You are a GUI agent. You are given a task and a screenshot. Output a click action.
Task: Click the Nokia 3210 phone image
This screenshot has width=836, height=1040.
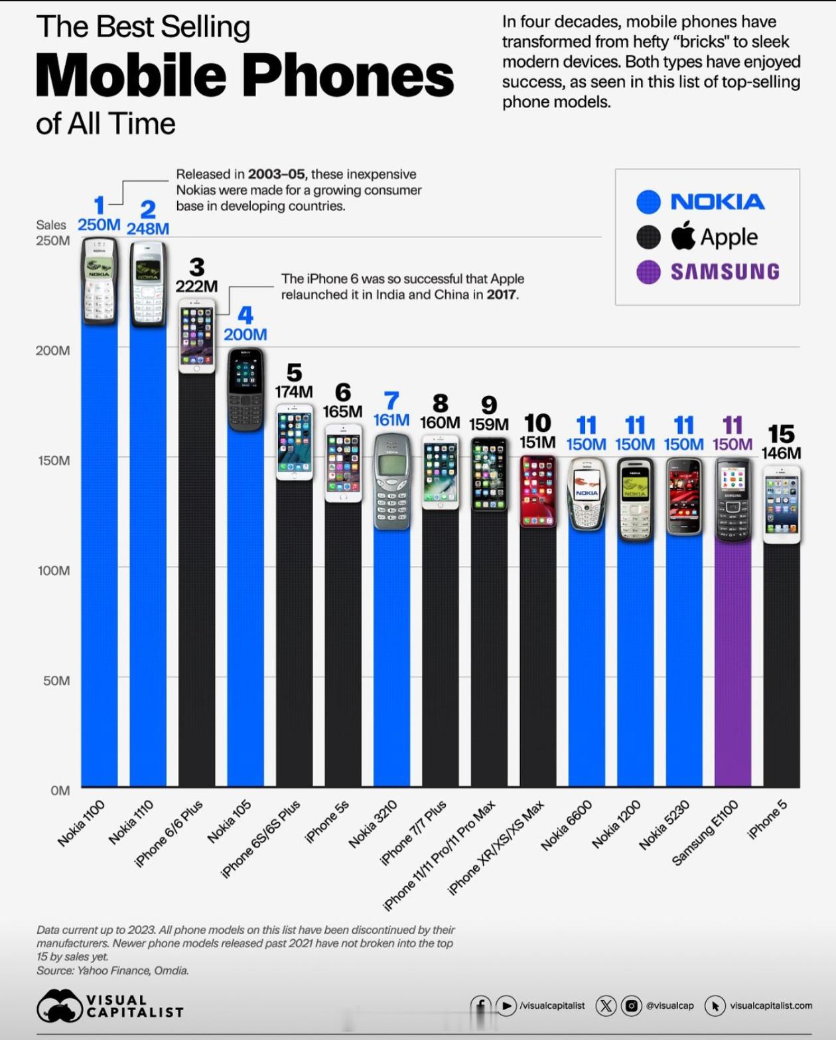point(391,481)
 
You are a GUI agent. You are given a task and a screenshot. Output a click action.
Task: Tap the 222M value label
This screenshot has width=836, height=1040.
point(196,286)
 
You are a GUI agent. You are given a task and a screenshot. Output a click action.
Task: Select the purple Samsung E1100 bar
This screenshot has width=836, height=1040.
point(732,663)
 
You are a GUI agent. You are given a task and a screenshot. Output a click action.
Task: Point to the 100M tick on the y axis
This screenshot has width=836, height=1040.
point(54,570)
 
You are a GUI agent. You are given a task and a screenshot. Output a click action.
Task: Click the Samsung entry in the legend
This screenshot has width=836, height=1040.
point(725,271)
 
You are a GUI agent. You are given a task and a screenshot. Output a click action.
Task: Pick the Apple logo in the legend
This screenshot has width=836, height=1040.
point(683,236)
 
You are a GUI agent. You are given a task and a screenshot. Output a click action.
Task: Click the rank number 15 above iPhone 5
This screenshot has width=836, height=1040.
point(781,434)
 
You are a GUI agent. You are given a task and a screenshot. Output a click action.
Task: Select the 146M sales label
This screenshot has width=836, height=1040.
point(781,453)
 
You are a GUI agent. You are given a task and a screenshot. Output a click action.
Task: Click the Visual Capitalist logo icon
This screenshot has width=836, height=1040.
point(59,1006)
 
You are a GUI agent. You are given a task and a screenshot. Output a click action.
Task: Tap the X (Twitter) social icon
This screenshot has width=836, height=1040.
point(605,1006)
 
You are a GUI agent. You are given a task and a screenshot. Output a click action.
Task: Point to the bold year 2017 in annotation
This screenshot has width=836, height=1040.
point(502,294)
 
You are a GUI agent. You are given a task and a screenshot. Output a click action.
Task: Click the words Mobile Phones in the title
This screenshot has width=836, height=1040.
point(245,75)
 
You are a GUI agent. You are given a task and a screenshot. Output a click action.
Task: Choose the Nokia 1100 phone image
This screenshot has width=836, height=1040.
point(100,281)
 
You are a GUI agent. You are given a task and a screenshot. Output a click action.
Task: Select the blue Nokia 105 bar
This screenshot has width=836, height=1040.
point(245,610)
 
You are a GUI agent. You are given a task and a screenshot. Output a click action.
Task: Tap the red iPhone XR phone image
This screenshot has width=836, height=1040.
point(537,491)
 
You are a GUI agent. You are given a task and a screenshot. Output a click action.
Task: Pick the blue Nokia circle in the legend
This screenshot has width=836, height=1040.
point(648,202)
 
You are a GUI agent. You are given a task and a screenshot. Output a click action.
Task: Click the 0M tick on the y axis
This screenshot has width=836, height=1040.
point(60,790)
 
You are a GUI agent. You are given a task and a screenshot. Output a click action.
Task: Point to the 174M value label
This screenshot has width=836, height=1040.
point(294,391)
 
